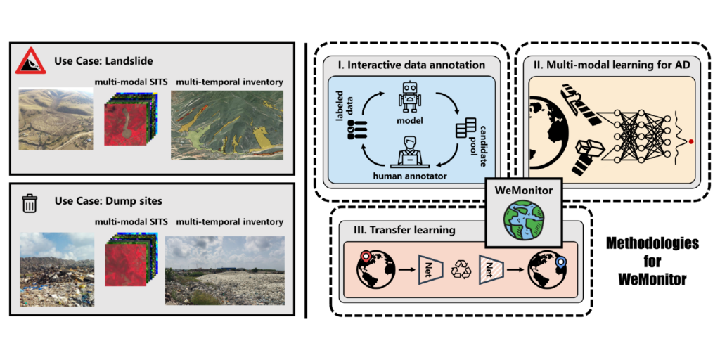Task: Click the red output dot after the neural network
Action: pyautogui.click(x=692, y=141)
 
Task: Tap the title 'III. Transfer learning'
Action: pyautogui.click(x=397, y=230)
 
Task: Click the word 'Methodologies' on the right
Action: pyautogui.click(x=652, y=244)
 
